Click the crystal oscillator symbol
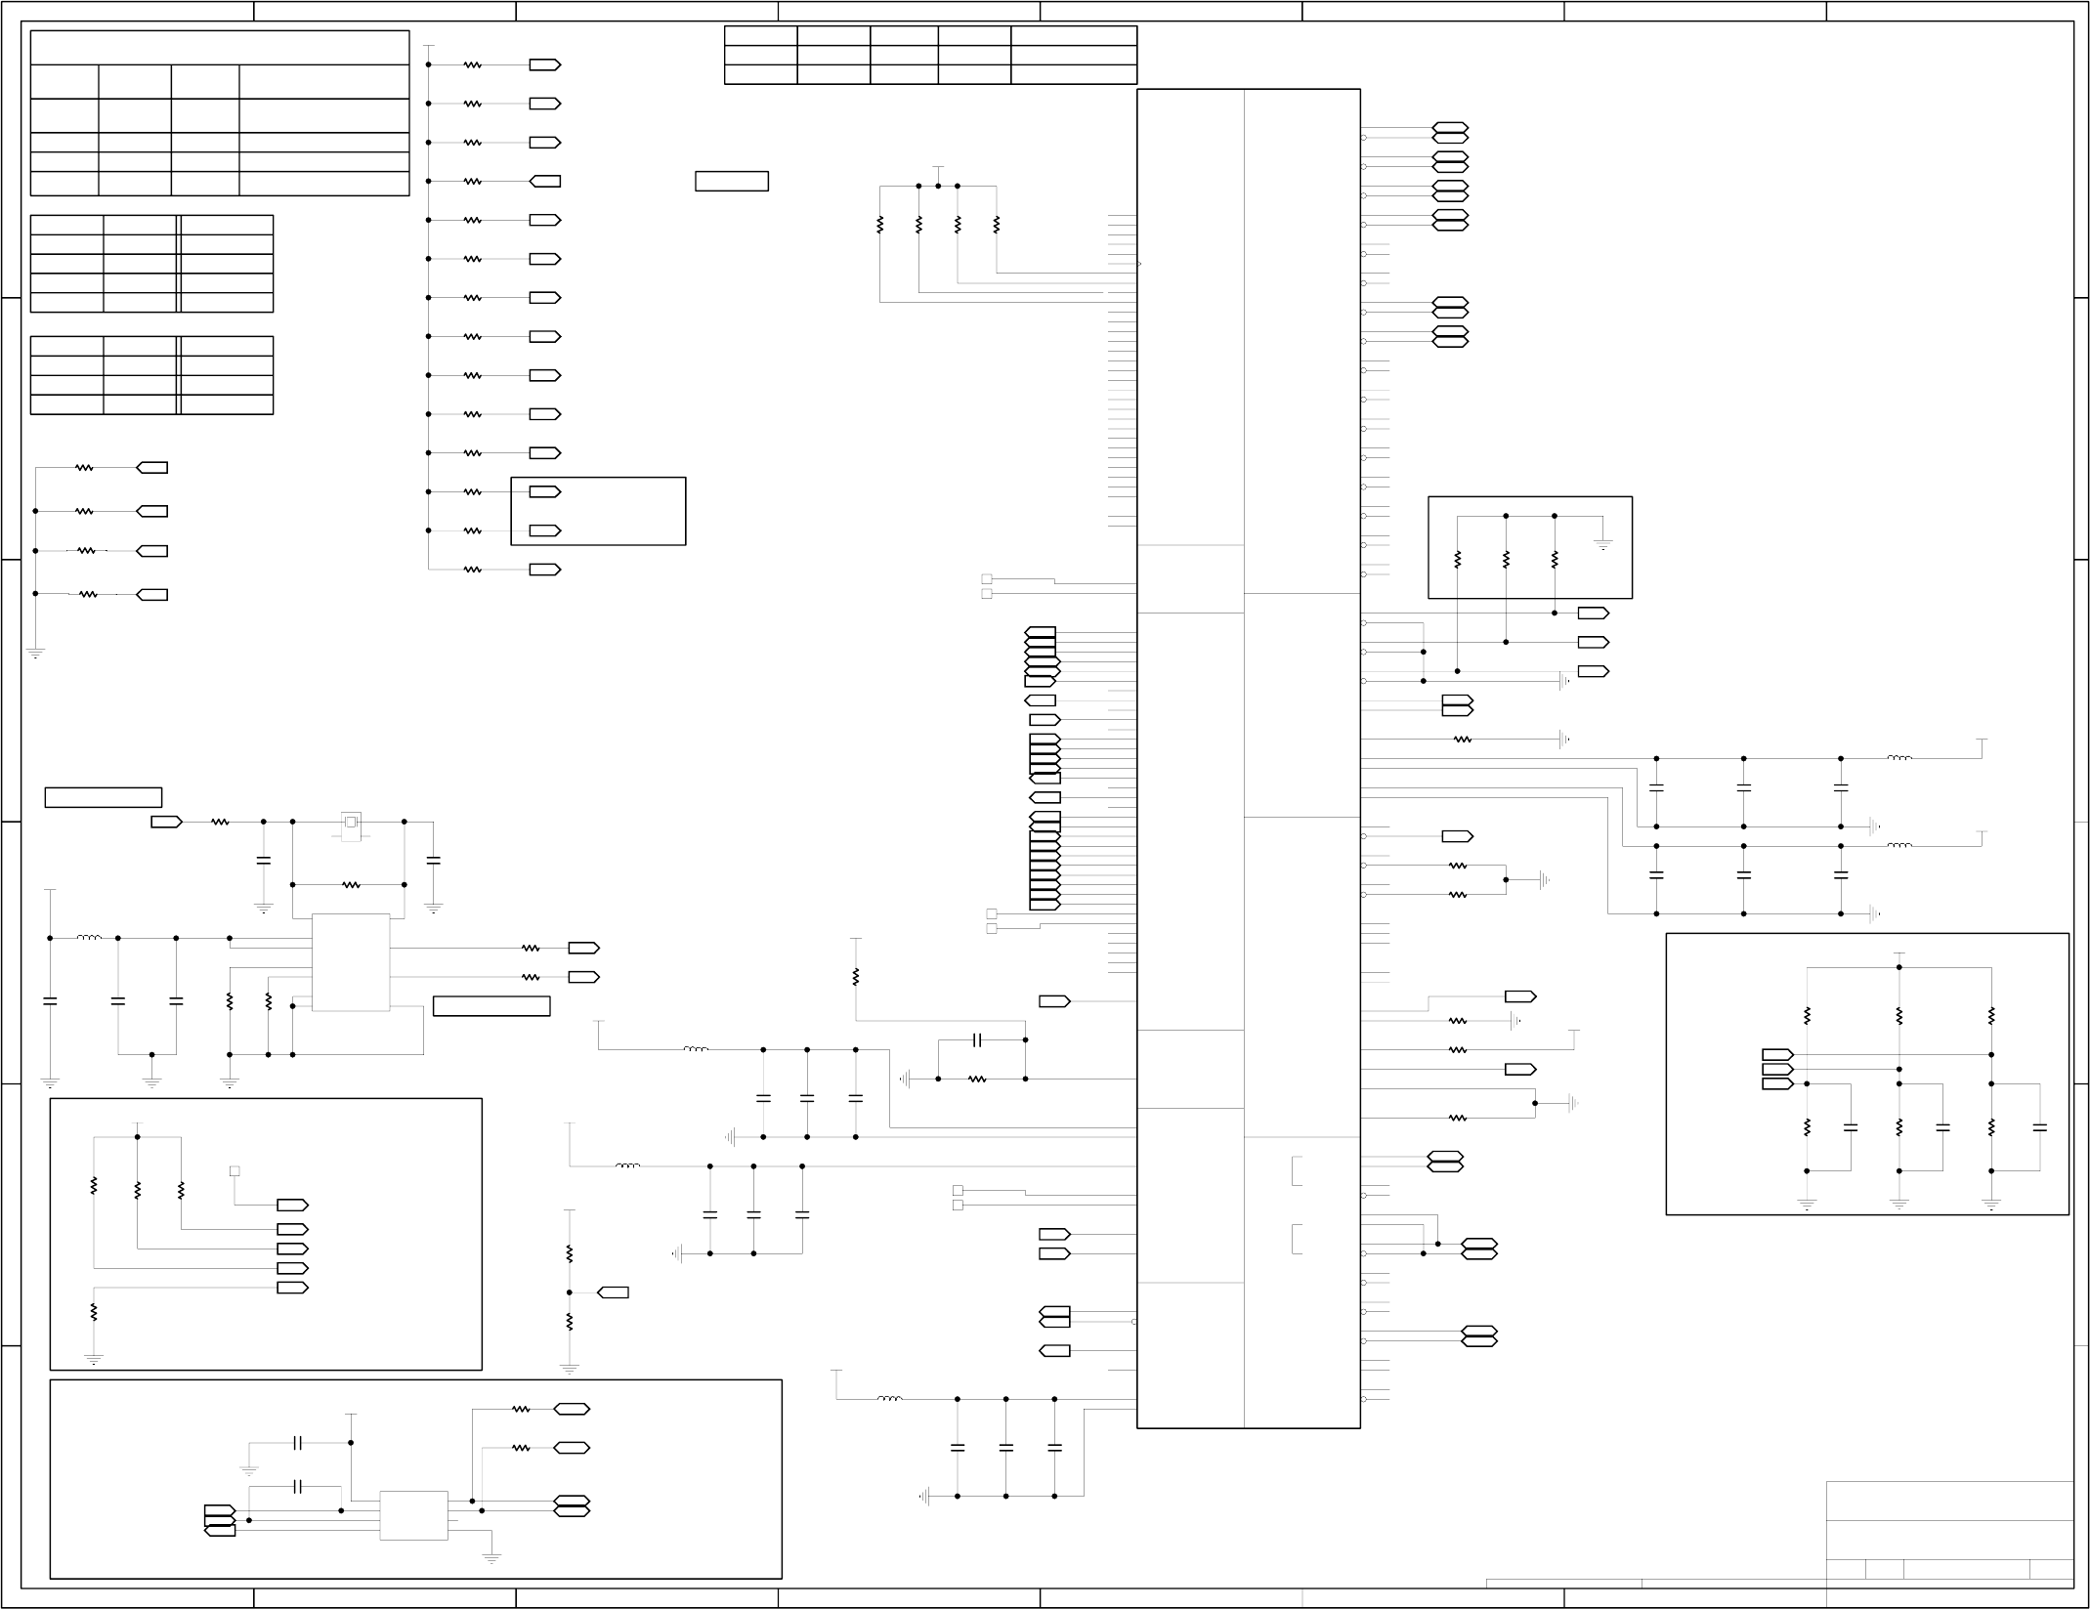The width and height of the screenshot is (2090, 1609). tap(351, 823)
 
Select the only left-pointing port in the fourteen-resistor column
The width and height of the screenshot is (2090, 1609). tap(544, 181)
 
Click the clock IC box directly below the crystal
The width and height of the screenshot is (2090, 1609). tap(351, 962)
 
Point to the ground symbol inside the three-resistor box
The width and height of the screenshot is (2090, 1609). tap(1603, 544)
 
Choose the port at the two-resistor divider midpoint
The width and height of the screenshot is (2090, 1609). tap(613, 1292)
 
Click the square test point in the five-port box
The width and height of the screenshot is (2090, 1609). tap(235, 1170)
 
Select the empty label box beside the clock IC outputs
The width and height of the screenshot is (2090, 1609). tap(491, 1006)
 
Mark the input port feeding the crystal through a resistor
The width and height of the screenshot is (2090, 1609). tap(166, 823)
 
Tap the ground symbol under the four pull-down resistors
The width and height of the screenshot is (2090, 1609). tap(35, 653)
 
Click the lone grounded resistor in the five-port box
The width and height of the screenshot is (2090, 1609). tap(94, 1311)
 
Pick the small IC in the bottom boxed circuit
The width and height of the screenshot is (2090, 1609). tap(413, 1515)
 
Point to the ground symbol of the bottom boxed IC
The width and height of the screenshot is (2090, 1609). tap(491, 1558)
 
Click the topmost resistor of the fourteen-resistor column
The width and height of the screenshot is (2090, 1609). tap(473, 65)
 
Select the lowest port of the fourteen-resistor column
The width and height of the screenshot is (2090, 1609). tap(545, 570)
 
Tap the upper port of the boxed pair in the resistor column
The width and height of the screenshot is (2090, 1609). tap(545, 492)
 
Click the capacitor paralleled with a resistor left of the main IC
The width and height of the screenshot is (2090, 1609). tap(977, 1040)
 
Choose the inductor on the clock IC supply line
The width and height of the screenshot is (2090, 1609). tap(89, 938)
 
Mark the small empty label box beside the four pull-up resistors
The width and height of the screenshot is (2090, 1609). tap(732, 182)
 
